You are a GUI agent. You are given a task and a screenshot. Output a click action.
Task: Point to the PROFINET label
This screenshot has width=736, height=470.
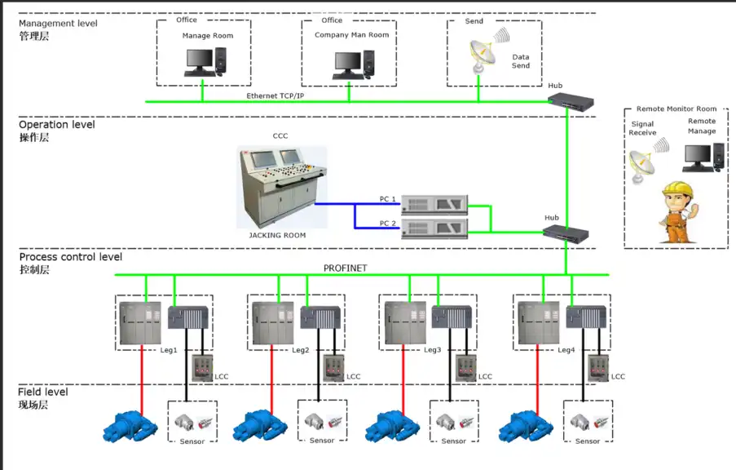(x=346, y=268)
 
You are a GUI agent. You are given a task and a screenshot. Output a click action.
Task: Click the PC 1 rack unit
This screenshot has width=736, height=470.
(x=434, y=202)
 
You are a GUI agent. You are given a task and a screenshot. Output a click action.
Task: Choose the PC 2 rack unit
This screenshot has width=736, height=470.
(x=434, y=225)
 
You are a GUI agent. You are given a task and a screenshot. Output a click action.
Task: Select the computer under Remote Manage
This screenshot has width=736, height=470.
(x=703, y=156)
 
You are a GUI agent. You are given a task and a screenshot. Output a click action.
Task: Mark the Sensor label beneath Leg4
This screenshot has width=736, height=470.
(x=588, y=441)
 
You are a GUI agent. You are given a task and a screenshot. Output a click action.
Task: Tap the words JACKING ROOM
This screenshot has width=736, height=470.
(x=277, y=235)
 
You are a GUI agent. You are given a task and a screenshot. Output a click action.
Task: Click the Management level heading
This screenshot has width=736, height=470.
(x=58, y=24)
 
